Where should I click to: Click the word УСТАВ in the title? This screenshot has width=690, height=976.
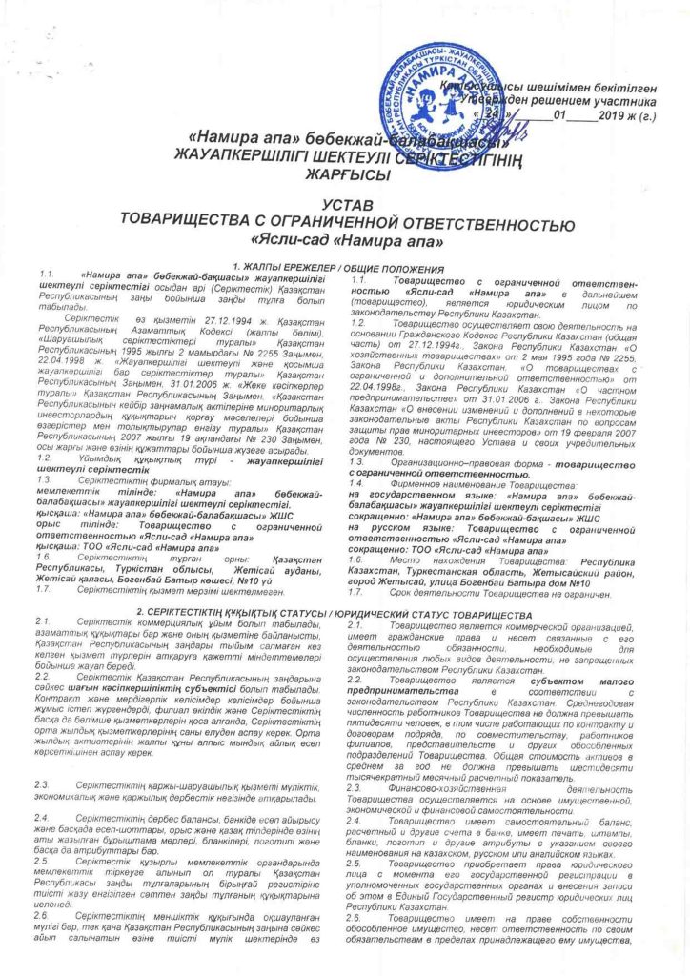pyautogui.click(x=343, y=204)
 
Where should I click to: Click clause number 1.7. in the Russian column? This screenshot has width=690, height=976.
pyautogui.click(x=360, y=539)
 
